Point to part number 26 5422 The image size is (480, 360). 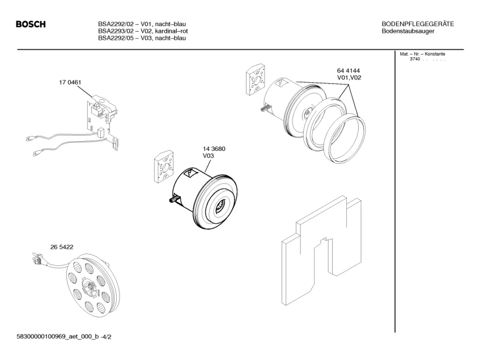62,247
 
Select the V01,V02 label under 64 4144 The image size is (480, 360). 349,78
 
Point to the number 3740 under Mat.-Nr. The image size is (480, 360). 415,60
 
